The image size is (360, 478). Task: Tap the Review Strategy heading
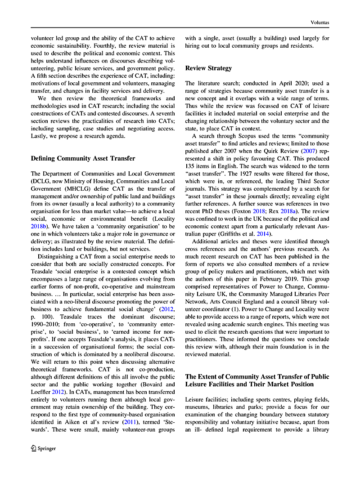tap(209, 68)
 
